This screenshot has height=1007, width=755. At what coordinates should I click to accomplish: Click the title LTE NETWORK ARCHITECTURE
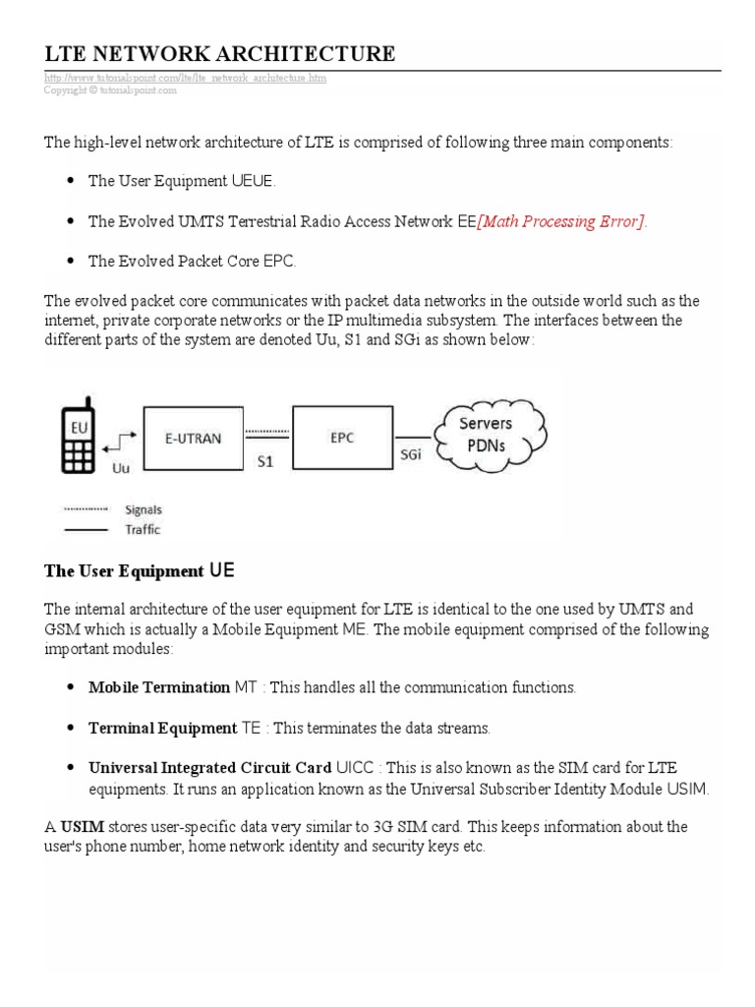pos(219,53)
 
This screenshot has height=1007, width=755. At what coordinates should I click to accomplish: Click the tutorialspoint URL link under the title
pos(185,78)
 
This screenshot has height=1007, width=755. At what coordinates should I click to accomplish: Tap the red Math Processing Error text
pos(562,222)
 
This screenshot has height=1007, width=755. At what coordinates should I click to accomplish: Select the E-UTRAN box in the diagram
pos(193,439)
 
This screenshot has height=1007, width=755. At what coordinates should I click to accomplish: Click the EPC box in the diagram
pos(336,438)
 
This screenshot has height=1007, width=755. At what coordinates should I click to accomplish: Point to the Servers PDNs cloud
pos(485,434)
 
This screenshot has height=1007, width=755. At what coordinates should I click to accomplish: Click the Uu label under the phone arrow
pos(121,469)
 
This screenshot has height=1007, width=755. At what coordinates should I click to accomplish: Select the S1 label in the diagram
pos(264,459)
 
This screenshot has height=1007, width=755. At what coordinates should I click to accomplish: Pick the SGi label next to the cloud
pos(411,455)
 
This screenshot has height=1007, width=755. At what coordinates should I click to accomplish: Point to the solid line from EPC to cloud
pos(411,437)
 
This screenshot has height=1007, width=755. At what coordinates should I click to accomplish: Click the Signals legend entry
pos(144,510)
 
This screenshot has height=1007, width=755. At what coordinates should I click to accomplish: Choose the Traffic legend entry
pos(143,529)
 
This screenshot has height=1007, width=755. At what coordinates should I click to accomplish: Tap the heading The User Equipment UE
pos(140,571)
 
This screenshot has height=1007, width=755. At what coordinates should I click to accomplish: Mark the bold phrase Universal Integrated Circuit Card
pos(209,768)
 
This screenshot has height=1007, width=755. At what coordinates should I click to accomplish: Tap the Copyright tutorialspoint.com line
pos(110,89)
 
